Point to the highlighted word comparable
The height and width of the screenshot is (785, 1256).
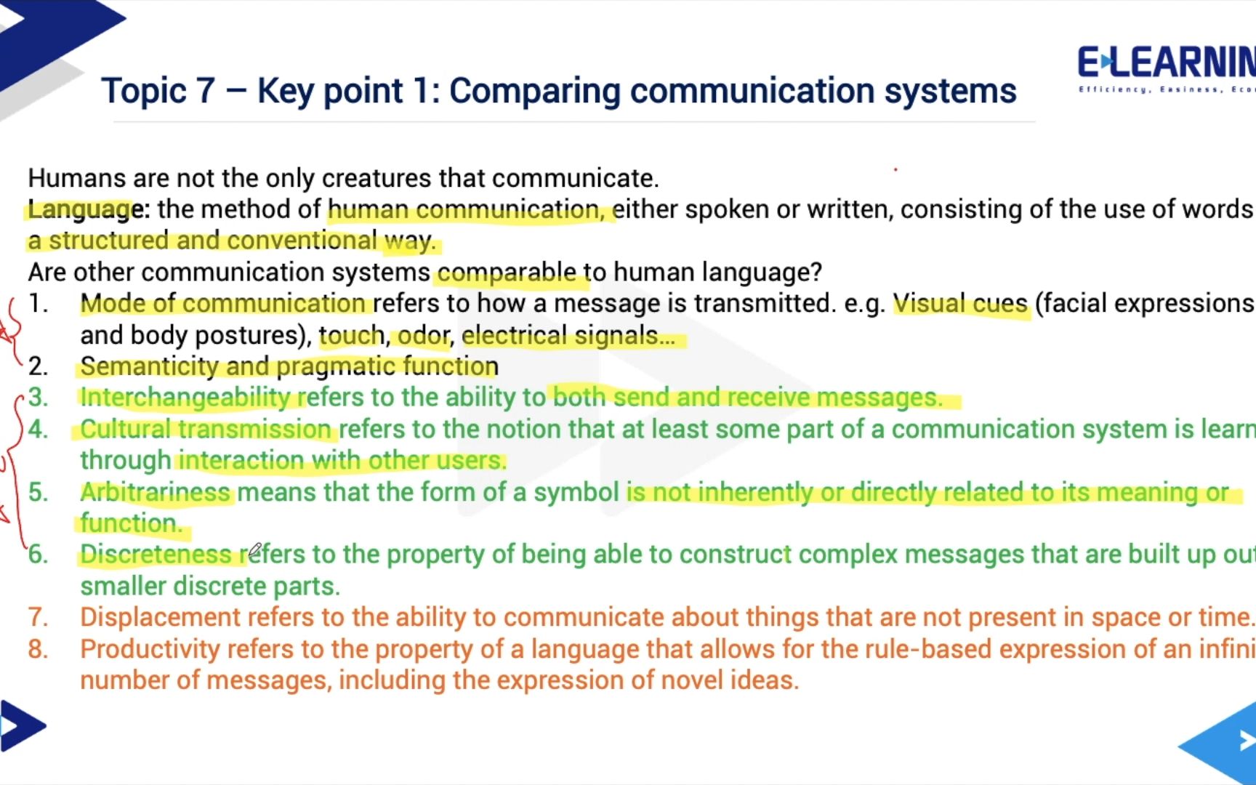click(x=506, y=273)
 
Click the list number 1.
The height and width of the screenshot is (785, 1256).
click(x=38, y=304)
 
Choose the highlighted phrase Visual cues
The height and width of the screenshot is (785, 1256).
click(x=960, y=304)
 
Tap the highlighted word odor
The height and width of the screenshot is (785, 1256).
click(x=423, y=335)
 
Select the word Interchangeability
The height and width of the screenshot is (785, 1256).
click(x=185, y=398)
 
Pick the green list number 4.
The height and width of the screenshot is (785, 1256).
click(x=38, y=430)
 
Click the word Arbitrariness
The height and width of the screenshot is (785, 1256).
click(x=155, y=492)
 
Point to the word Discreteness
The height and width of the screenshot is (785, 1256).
click(x=156, y=555)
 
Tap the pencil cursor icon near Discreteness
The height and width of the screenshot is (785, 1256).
click(x=254, y=550)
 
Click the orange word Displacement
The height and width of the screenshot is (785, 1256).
click(x=160, y=617)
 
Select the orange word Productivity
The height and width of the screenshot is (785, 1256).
click(x=150, y=649)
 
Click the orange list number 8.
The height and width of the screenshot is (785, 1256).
click(x=38, y=649)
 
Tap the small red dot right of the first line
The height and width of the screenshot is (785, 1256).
click(x=895, y=169)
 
